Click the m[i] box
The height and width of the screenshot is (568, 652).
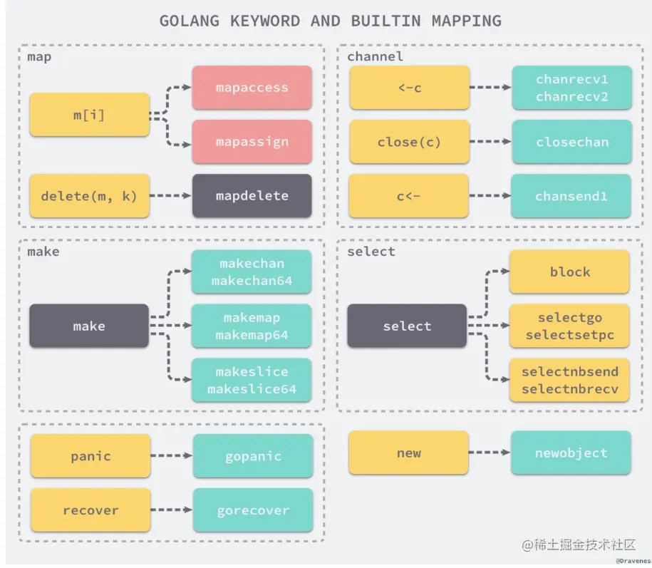click(x=89, y=114)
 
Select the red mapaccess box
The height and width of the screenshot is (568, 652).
click(x=252, y=88)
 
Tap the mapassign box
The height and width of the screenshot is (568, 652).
click(x=252, y=141)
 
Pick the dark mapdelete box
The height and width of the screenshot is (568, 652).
click(x=252, y=195)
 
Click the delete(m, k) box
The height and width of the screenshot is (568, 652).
click(x=89, y=195)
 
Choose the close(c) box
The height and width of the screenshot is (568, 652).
click(x=409, y=141)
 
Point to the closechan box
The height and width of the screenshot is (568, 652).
click(x=571, y=141)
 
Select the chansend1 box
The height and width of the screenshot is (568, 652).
click(x=571, y=195)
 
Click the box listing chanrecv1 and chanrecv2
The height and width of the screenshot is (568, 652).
click(x=571, y=88)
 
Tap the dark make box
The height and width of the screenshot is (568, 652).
click(x=89, y=326)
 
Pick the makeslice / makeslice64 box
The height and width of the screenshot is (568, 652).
click(x=252, y=380)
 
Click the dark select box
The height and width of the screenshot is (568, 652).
click(x=407, y=326)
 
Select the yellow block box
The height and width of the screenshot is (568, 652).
click(x=569, y=272)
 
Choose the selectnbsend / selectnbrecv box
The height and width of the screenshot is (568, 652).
click(x=569, y=380)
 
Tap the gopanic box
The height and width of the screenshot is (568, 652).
click(x=253, y=456)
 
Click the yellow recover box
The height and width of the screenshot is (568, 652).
click(x=90, y=510)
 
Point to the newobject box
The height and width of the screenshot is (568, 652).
click(x=571, y=453)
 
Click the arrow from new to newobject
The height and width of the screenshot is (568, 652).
click(x=490, y=453)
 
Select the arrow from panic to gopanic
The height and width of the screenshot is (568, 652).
click(x=172, y=456)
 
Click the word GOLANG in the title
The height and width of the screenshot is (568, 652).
click(x=190, y=21)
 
